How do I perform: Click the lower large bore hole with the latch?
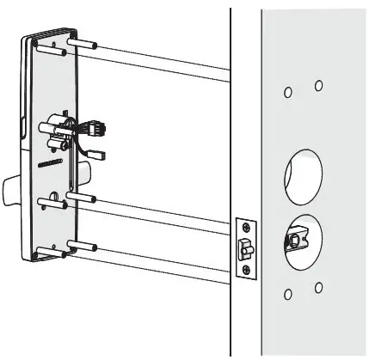click(x=303, y=237)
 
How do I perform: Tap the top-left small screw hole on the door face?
click(x=288, y=92)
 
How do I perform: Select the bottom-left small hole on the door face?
click(x=288, y=295)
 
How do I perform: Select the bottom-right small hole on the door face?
click(x=318, y=287)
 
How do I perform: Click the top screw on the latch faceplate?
click(x=247, y=227)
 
